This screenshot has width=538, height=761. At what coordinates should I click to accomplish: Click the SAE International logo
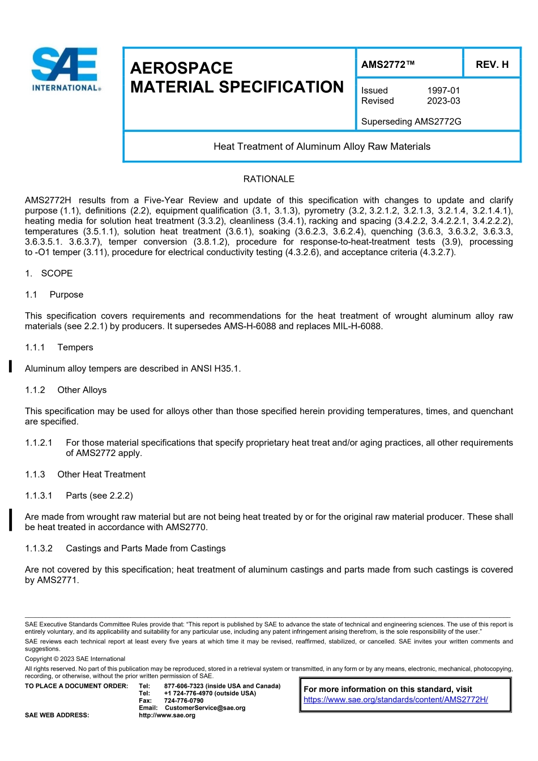(x=66, y=69)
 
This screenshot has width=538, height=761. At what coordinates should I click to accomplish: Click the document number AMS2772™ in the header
(x=388, y=65)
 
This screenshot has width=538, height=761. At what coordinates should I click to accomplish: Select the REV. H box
(x=492, y=65)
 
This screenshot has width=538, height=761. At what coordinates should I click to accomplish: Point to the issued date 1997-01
(x=443, y=91)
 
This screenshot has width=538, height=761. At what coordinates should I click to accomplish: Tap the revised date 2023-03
(x=443, y=101)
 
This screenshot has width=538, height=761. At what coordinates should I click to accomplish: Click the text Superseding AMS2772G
(x=411, y=122)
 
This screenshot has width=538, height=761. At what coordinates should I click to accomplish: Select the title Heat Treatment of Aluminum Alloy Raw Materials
(x=322, y=147)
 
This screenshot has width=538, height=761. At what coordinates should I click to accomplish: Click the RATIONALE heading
(x=268, y=179)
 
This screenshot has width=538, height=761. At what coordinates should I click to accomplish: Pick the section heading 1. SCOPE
(x=49, y=273)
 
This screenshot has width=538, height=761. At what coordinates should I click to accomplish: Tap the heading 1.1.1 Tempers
(x=59, y=347)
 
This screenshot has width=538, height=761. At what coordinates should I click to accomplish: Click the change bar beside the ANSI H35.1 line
(x=10, y=367)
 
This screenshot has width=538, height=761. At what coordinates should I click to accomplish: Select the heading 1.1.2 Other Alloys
(x=66, y=390)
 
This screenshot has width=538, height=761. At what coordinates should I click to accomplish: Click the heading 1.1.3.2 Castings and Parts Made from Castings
(x=125, y=548)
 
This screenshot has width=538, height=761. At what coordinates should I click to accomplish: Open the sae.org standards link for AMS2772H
(x=395, y=699)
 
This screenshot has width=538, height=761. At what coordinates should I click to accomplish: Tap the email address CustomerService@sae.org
(x=205, y=708)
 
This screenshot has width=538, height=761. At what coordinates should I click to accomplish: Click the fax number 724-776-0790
(x=183, y=700)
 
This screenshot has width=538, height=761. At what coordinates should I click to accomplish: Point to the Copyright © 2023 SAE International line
(x=75, y=659)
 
